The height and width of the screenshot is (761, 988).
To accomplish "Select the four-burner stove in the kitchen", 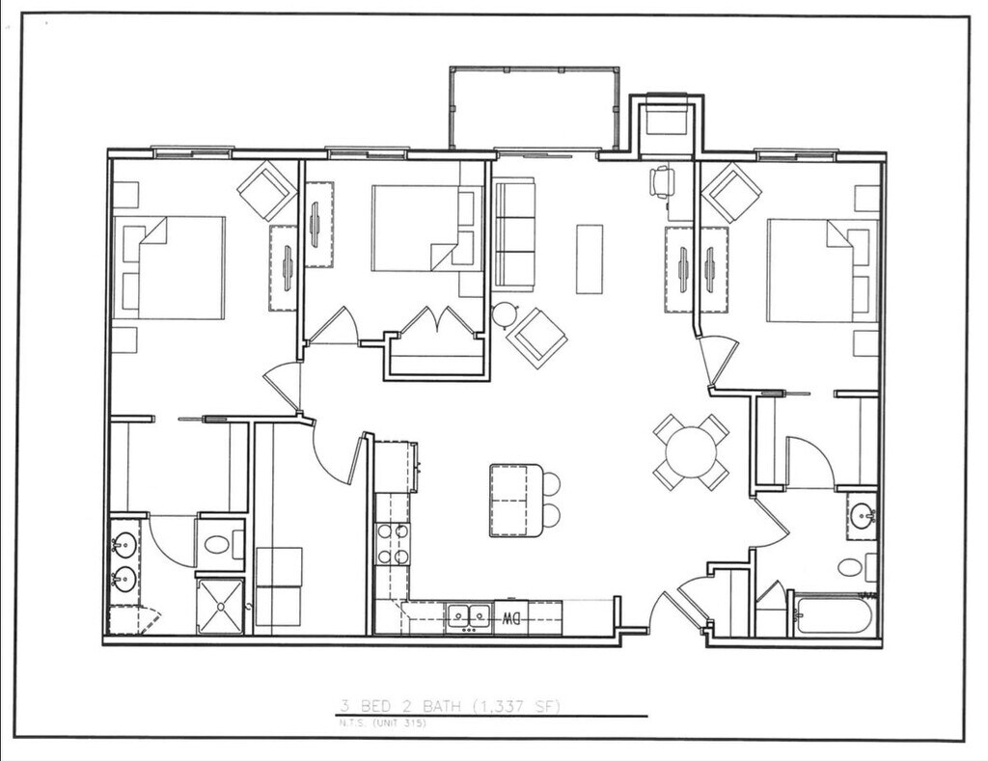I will coord(393,544).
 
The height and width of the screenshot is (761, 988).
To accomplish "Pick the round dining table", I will coord(691,450).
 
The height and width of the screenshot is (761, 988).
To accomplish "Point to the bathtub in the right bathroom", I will coord(835,615).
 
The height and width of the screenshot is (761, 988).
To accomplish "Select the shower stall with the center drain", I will coord(222,606).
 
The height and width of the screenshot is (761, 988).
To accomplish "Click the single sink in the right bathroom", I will coord(862,515).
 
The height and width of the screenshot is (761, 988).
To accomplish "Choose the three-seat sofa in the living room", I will coord(514,233).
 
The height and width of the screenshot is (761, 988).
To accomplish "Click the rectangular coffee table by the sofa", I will coord(590,258).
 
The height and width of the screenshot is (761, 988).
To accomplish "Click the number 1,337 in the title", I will coord(493,708).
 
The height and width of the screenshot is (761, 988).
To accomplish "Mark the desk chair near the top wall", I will coord(663,181).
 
